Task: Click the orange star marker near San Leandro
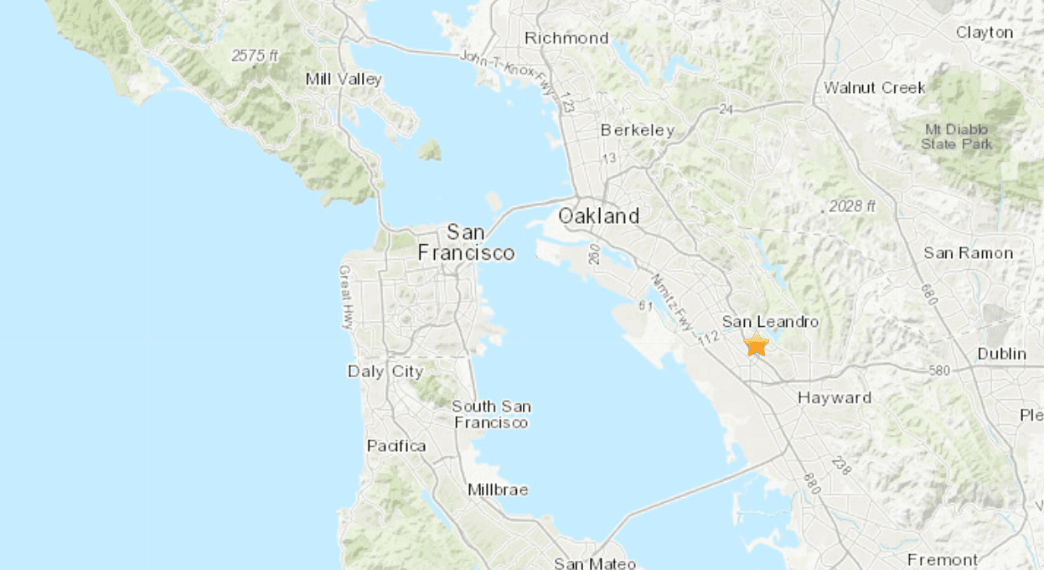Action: pyautogui.click(x=757, y=345)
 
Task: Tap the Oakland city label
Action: pyautogui.click(x=598, y=215)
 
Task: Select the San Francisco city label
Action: pyautogui.click(x=466, y=241)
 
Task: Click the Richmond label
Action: pyautogui.click(x=566, y=38)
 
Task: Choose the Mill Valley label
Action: pyautogui.click(x=344, y=80)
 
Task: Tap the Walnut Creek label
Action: pyautogui.click(x=875, y=87)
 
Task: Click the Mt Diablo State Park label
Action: pyautogui.click(x=956, y=137)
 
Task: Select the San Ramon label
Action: pyautogui.click(x=968, y=253)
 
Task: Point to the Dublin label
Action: pyautogui.click(x=1001, y=354)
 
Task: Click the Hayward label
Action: pyautogui.click(x=835, y=398)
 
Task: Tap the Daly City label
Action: pyautogui.click(x=385, y=371)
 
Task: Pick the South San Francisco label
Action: pyautogui.click(x=491, y=414)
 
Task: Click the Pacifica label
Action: pyautogui.click(x=396, y=446)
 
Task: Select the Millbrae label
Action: pyautogui.click(x=498, y=490)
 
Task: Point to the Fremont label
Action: pyautogui.click(x=943, y=559)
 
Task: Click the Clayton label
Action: pyautogui.click(x=985, y=33)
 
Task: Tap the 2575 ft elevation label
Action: pyautogui.click(x=256, y=56)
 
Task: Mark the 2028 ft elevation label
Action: pyautogui.click(x=852, y=206)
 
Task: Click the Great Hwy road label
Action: pyautogui.click(x=346, y=298)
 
